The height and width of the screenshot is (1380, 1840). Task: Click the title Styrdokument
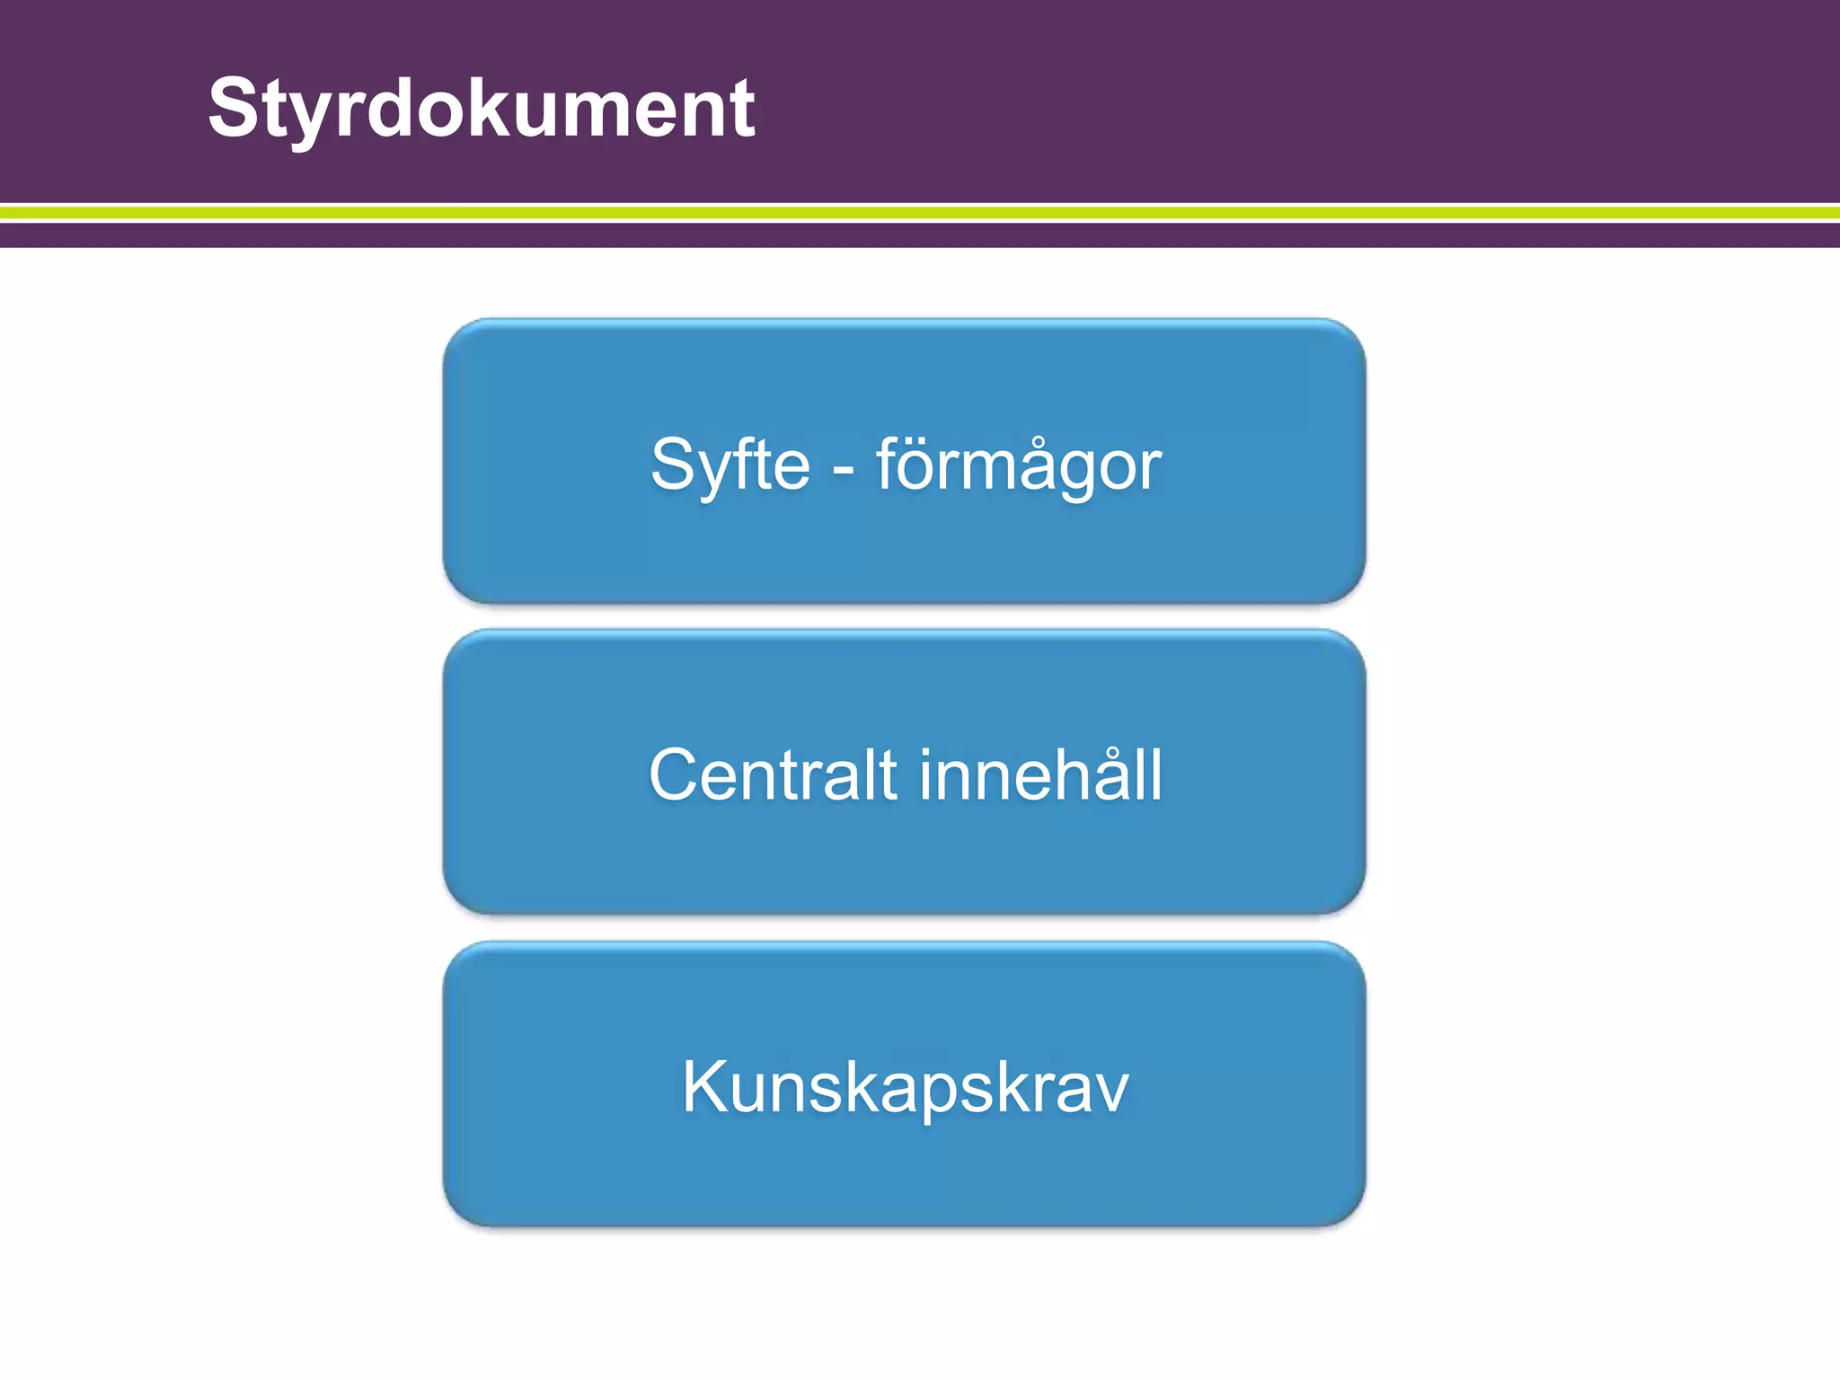click(482, 109)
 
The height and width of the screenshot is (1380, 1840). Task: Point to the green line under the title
click(920, 213)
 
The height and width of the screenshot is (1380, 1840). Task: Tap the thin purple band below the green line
click(920, 234)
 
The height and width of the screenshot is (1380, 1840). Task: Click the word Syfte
click(730, 465)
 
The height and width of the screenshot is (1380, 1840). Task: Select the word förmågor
click(1018, 465)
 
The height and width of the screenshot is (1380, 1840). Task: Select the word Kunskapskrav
click(905, 1087)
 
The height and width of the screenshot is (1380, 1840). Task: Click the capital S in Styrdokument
click(234, 109)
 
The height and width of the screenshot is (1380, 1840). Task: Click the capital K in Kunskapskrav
click(703, 1087)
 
